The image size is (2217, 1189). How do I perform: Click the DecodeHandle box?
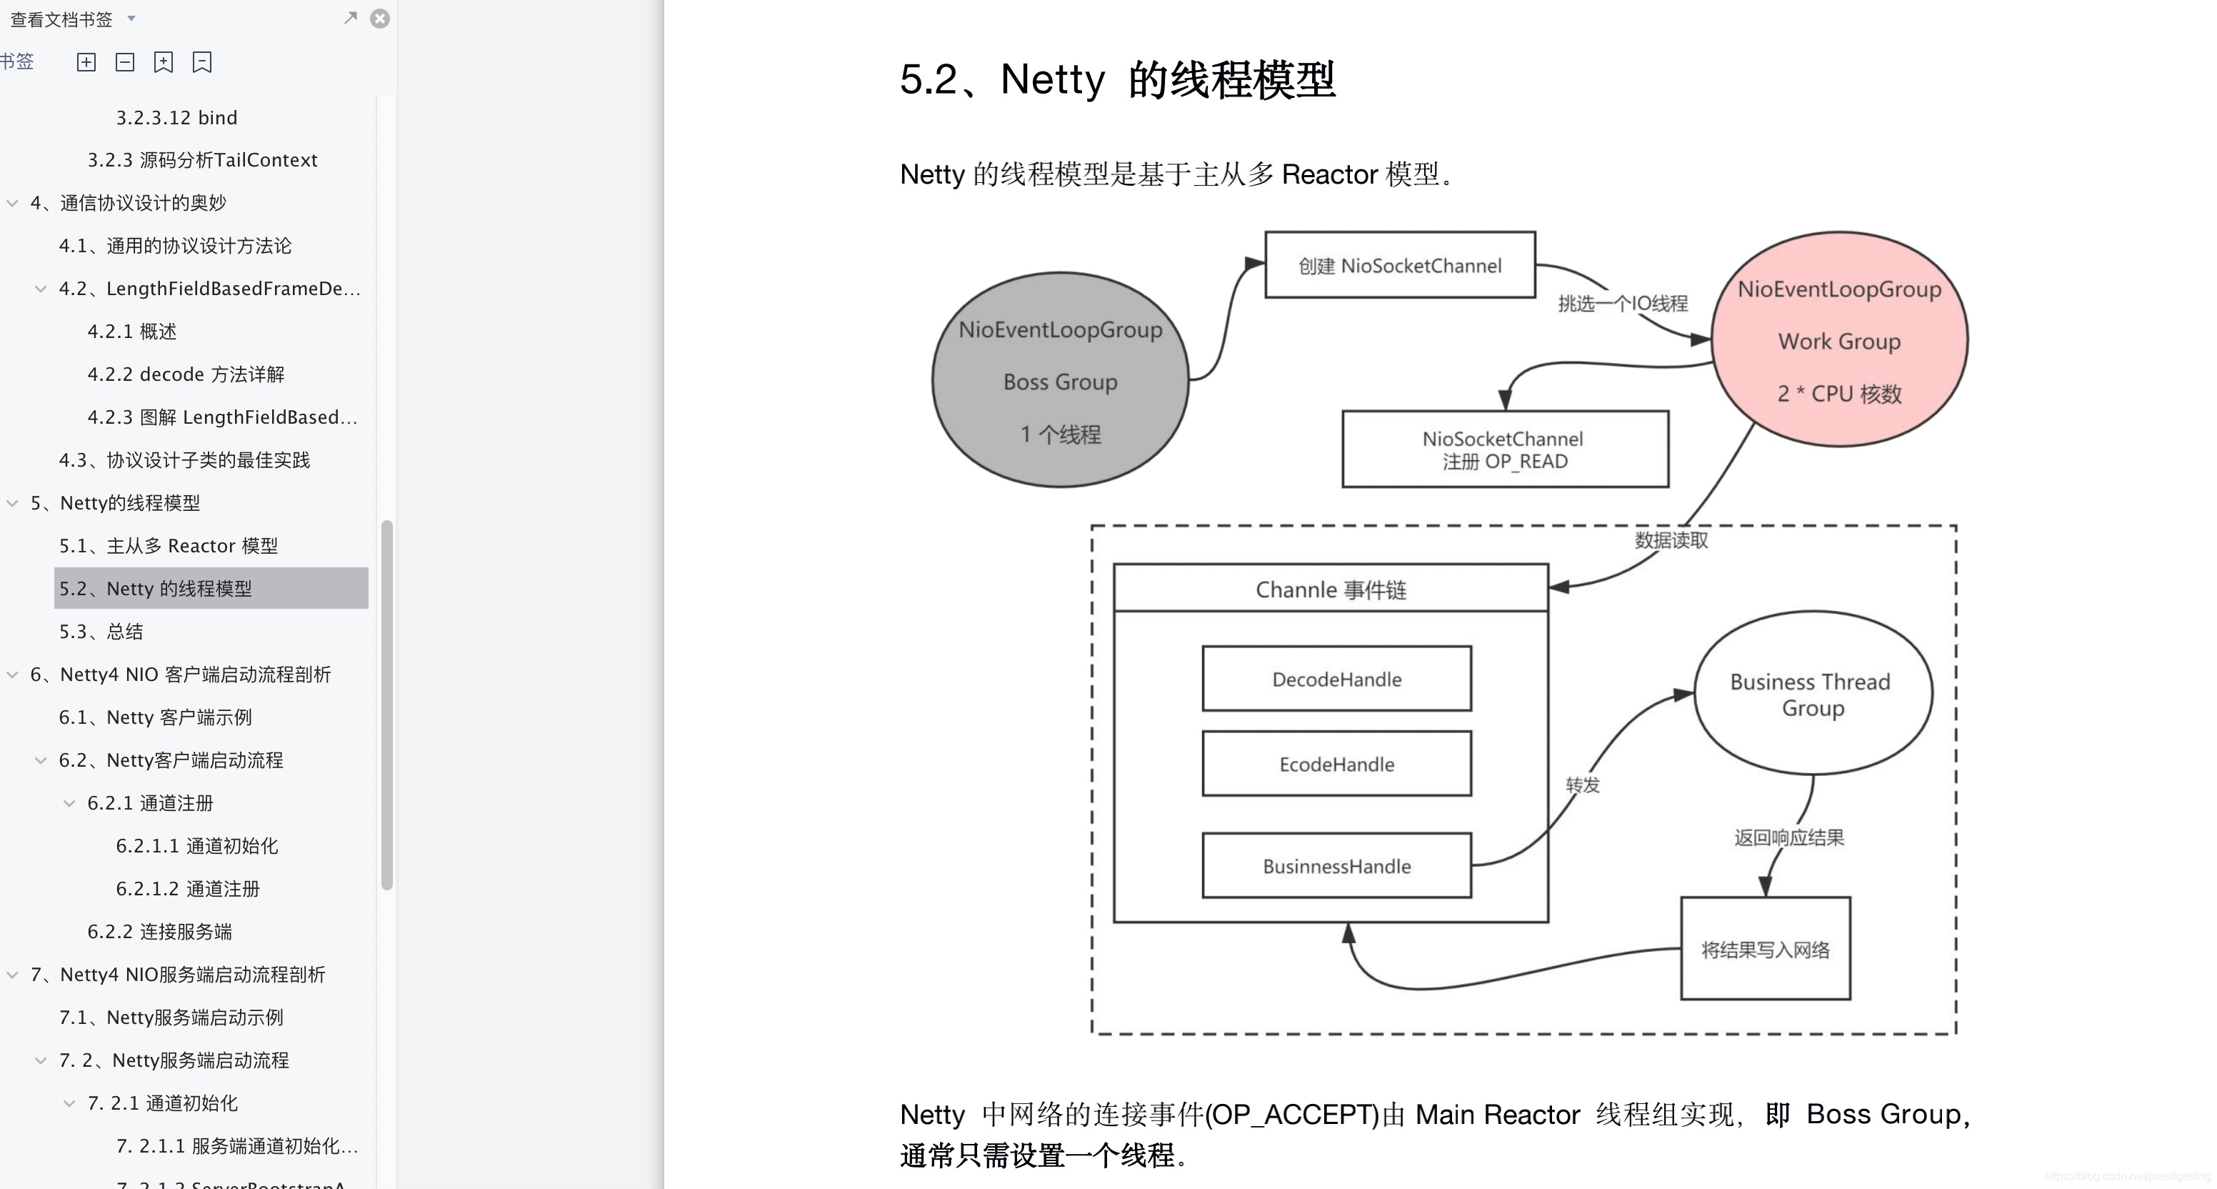(1336, 680)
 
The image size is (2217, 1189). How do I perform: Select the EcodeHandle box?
(1336, 764)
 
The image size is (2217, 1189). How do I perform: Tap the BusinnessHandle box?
(1336, 866)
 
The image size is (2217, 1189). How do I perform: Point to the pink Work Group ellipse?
(1839, 340)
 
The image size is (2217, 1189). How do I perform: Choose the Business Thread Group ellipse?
(1813, 694)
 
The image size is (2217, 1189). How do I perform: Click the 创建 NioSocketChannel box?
(1399, 265)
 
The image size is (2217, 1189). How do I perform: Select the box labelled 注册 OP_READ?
(1504, 449)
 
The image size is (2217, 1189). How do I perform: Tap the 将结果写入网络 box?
(1765, 949)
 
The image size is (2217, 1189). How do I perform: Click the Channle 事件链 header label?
(1331, 589)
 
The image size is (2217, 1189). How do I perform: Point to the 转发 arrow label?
(1582, 785)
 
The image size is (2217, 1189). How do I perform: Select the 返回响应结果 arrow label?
(1788, 837)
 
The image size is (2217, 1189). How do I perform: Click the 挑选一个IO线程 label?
(1622, 303)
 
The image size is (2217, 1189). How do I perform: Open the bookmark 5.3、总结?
(101, 631)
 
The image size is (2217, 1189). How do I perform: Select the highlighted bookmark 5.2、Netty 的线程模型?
(156, 588)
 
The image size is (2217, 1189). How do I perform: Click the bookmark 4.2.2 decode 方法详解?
(186, 374)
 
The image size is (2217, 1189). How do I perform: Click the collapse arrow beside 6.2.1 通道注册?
(69, 803)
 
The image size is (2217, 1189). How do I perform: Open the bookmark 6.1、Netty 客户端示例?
(156, 717)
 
